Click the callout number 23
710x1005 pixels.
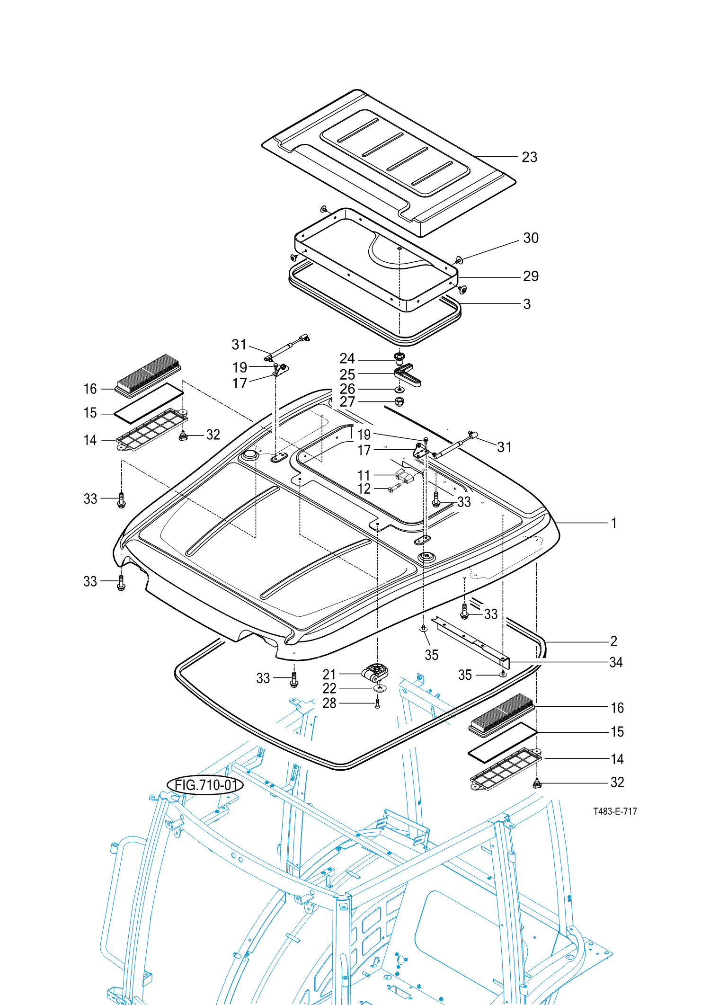[529, 157]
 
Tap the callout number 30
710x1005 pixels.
[531, 238]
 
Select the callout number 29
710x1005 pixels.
[531, 276]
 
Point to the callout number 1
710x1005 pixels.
[614, 523]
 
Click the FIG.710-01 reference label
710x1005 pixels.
[205, 785]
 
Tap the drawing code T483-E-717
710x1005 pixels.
[615, 811]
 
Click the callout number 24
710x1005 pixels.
[347, 358]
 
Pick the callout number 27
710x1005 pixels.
[347, 402]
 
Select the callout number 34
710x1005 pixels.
[616, 662]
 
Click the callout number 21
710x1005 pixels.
[329, 675]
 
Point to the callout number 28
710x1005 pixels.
[329, 703]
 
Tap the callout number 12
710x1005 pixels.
[364, 489]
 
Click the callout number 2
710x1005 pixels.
[614, 641]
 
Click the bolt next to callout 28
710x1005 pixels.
[377, 703]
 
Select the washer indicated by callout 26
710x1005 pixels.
[399, 390]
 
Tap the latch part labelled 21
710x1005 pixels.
[375, 673]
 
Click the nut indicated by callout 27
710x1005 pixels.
[399, 402]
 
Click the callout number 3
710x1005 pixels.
[527, 304]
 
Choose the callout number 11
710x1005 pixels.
[364, 475]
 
